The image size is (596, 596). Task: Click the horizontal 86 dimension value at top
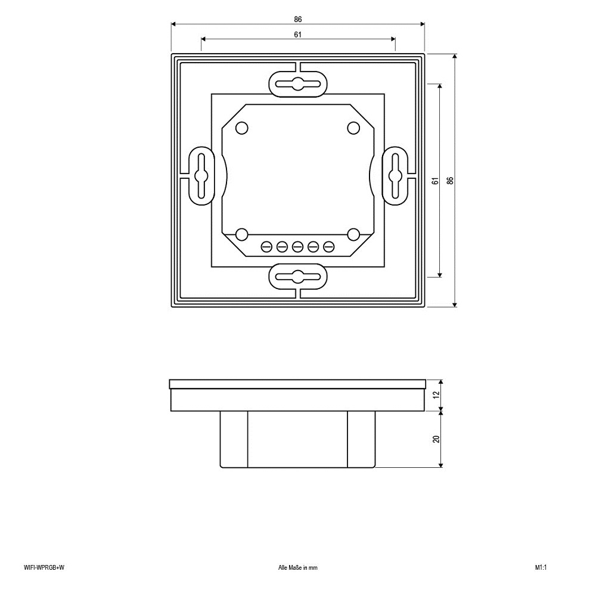tap(297, 19)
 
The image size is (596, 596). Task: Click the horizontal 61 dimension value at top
tap(297, 35)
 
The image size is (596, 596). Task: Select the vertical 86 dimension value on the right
tap(451, 181)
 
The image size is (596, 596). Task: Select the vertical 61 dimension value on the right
tap(436, 181)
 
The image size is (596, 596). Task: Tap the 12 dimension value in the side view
tap(436, 395)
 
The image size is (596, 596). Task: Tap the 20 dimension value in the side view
tap(436, 439)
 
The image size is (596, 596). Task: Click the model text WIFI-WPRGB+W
tap(44, 567)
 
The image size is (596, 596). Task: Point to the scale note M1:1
tap(541, 567)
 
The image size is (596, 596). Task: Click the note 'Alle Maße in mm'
tap(297, 567)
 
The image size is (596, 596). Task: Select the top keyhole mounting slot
tap(298, 84)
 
